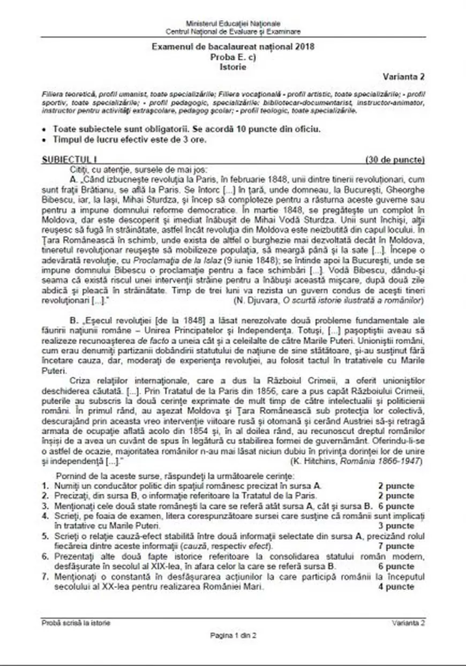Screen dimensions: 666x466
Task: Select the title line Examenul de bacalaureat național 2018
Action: point(233,47)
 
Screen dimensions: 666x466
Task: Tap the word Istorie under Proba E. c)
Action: point(233,67)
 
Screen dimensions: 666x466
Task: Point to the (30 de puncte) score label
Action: point(395,160)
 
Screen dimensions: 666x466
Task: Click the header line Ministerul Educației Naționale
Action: point(233,25)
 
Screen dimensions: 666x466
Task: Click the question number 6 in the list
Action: point(45,557)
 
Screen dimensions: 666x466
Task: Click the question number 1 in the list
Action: point(45,486)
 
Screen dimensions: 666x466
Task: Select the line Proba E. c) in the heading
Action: point(233,57)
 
